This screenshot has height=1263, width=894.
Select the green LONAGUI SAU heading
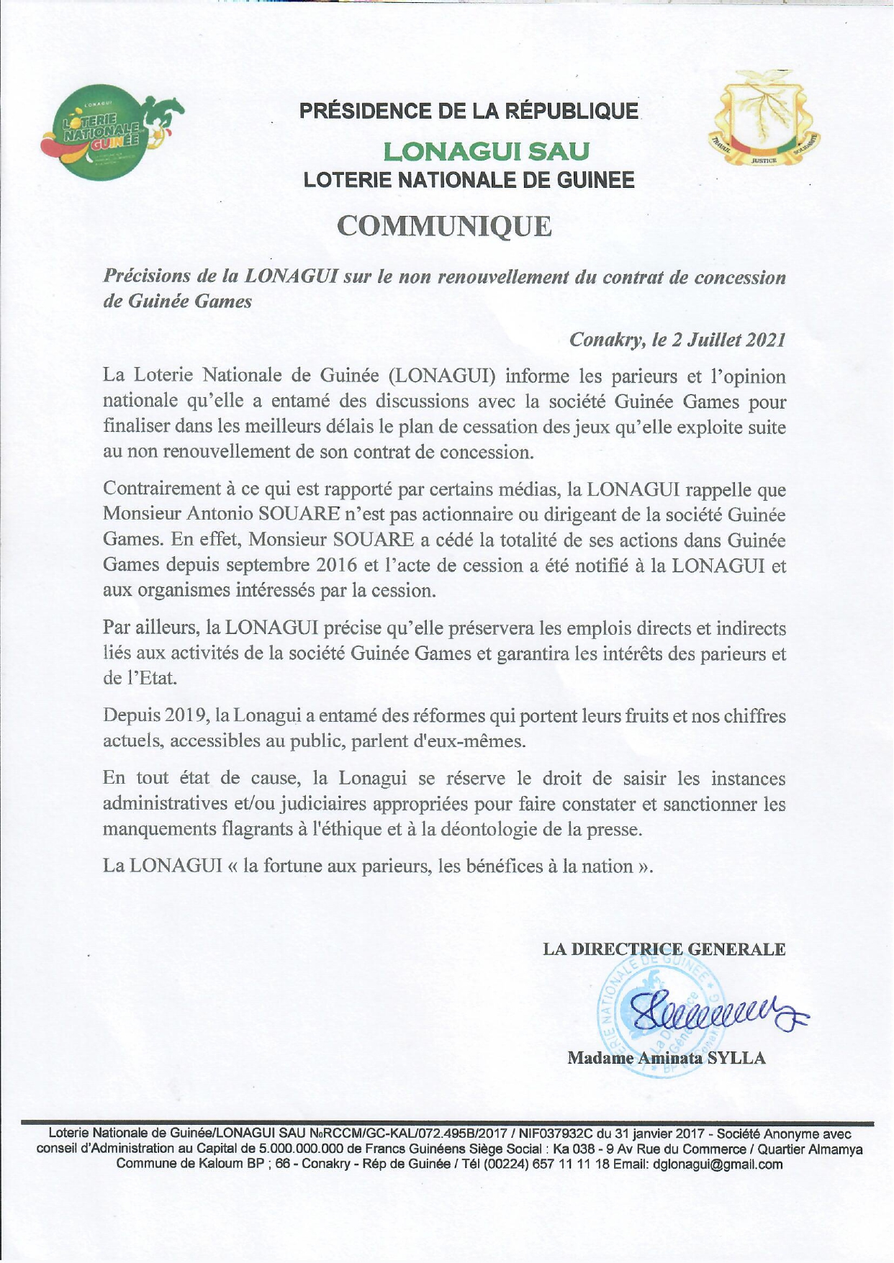pos(487,151)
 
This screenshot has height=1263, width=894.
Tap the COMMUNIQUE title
pos(445,226)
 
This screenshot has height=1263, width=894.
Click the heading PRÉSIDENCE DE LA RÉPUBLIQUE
pos(469,112)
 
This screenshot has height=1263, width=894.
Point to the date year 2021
pos(764,340)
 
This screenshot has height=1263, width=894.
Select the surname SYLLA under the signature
pos(736,1057)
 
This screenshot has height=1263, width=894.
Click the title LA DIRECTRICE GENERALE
pos(664,949)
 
